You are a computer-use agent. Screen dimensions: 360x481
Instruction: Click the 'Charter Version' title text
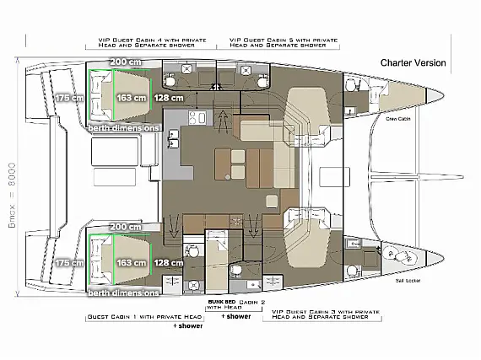(x=413, y=63)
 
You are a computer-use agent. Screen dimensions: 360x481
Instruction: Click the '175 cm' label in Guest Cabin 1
(x=69, y=263)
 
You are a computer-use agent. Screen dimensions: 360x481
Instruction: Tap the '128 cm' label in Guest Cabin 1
(x=170, y=263)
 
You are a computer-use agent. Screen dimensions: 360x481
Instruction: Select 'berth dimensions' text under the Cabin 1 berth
(x=123, y=293)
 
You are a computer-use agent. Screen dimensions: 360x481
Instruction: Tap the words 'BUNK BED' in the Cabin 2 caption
(x=221, y=302)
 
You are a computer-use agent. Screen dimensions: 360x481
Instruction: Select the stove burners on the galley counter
(x=198, y=117)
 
